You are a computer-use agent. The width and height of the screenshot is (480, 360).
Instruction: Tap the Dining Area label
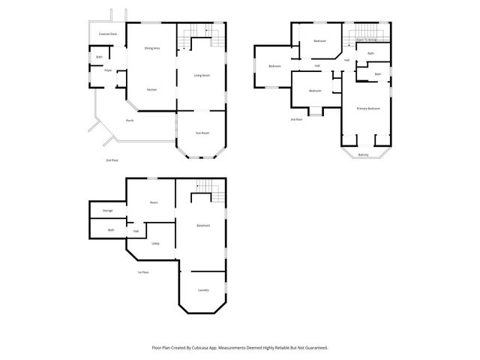(151, 49)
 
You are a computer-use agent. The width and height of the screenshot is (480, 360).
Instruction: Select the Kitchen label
(151, 90)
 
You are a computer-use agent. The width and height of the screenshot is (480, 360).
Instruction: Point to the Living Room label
(202, 76)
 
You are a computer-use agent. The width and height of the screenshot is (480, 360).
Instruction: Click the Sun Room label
(202, 133)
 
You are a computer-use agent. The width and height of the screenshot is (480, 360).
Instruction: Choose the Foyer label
(108, 70)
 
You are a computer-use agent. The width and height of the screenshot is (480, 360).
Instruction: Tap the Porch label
(130, 121)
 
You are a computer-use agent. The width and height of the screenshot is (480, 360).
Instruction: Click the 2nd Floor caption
(112, 160)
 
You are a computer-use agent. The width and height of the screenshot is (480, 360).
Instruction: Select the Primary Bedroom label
(368, 109)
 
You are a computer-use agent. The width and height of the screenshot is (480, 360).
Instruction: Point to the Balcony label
(363, 154)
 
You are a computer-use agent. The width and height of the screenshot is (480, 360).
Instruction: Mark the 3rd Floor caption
(296, 118)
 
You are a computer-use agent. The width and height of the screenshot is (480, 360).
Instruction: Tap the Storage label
(108, 211)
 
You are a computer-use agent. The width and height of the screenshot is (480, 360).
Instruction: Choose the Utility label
(155, 244)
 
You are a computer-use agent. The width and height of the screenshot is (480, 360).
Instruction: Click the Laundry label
(203, 290)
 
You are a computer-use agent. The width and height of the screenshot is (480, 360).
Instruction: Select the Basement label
(203, 226)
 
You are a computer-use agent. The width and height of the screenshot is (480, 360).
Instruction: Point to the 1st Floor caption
(142, 272)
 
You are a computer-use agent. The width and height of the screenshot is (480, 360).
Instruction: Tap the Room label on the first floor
(154, 202)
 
